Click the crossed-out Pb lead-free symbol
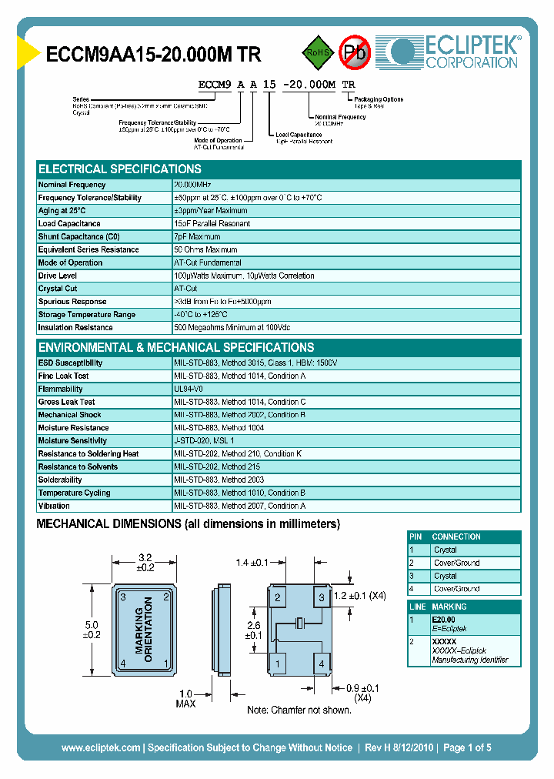click(355, 52)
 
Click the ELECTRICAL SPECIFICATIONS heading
click(120, 169)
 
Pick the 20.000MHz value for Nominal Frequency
click(192, 185)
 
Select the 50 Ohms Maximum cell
click(205, 250)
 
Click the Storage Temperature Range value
click(201, 315)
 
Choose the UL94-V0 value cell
click(189, 389)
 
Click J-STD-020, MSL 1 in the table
click(204, 441)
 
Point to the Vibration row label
click(54, 507)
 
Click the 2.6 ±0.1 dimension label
click(253, 630)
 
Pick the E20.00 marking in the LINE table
click(443, 620)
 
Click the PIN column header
click(416, 537)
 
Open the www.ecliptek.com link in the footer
click(101, 747)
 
